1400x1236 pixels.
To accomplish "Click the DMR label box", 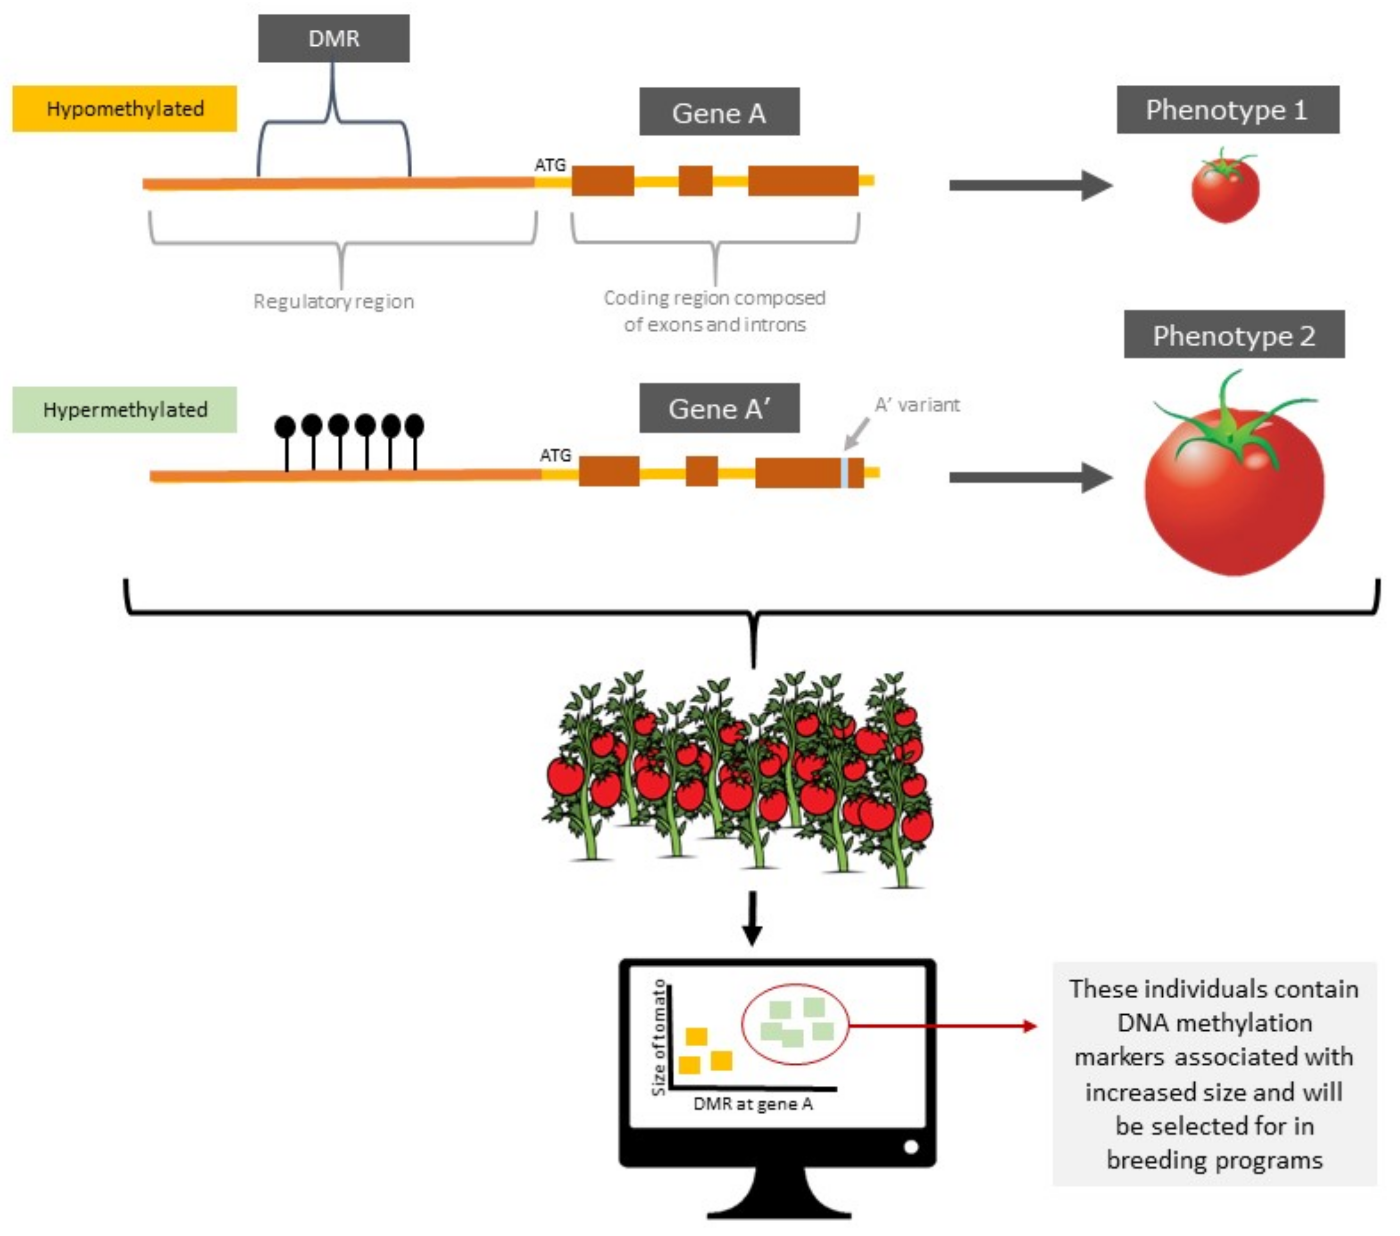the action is coord(333,38).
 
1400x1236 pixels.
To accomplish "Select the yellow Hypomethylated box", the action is coord(125,108).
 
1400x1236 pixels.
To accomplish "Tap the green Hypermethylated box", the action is coord(125,409).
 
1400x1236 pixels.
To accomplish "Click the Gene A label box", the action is coord(719,112).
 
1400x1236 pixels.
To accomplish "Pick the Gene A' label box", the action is coord(719,409).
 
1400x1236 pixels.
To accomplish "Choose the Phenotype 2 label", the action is coord(1234,335).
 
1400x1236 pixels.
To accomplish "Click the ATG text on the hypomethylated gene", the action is coord(550,165).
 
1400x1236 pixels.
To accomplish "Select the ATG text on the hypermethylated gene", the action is coord(556,456).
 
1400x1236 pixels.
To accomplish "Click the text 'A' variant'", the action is coord(917,405).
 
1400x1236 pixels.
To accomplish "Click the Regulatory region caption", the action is coord(333,301).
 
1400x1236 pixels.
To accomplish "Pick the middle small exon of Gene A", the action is coord(695,181).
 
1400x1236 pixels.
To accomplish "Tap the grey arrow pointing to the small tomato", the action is coord(1031,185).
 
